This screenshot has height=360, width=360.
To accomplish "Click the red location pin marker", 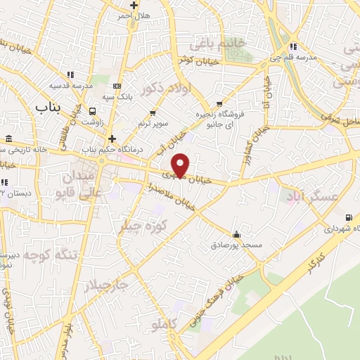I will click(181, 165).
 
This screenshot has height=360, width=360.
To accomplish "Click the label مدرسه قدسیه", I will click(71, 84).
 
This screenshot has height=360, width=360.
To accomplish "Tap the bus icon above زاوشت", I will click(92, 110).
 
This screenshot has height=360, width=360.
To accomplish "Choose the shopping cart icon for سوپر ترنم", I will click(153, 112).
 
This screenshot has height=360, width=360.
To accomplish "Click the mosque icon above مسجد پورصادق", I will click(236, 234).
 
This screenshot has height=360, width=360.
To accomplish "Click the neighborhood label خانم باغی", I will click(219, 44).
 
